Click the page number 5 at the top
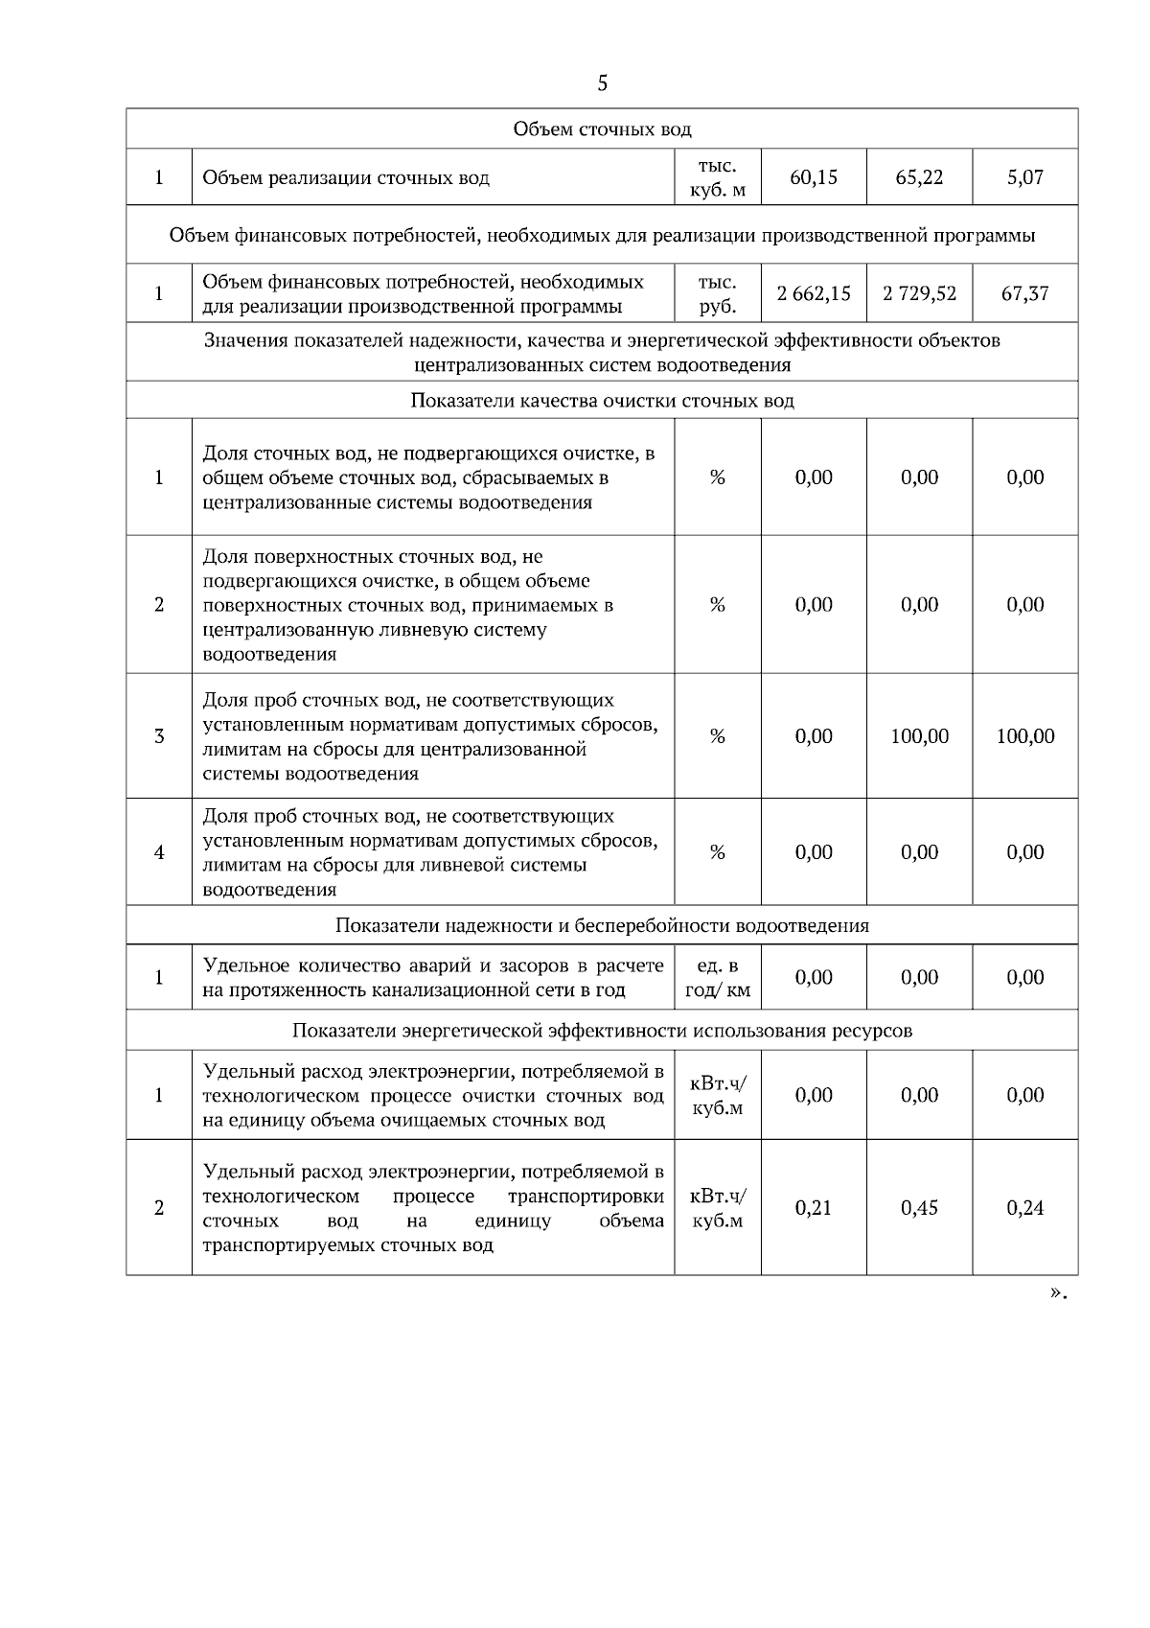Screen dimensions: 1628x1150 coord(602,83)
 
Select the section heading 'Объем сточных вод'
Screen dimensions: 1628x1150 coord(602,129)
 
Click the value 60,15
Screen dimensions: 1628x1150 coord(814,177)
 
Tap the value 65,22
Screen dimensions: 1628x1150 coord(919,177)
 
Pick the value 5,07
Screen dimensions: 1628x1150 coord(1024,177)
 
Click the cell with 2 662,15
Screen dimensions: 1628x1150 coord(814,294)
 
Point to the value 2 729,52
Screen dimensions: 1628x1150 coord(919,294)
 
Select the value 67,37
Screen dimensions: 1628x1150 coord(1024,294)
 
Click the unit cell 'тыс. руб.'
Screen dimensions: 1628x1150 coord(718,294)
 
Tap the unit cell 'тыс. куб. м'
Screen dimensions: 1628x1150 coord(718,177)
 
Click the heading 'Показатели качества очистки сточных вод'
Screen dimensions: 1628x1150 coord(602,401)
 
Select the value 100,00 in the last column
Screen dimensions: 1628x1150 coord(1024,736)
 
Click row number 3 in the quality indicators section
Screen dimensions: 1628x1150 coord(159,736)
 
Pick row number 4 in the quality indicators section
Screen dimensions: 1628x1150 coord(159,852)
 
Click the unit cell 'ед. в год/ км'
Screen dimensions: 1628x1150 coord(718,978)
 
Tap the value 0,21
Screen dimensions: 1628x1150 coord(814,1208)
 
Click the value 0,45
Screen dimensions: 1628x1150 coord(919,1208)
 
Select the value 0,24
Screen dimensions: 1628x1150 coord(1024,1208)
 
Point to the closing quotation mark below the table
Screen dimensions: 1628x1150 coord(1057,1292)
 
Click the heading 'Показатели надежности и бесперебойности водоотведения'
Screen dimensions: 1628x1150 coord(602,926)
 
